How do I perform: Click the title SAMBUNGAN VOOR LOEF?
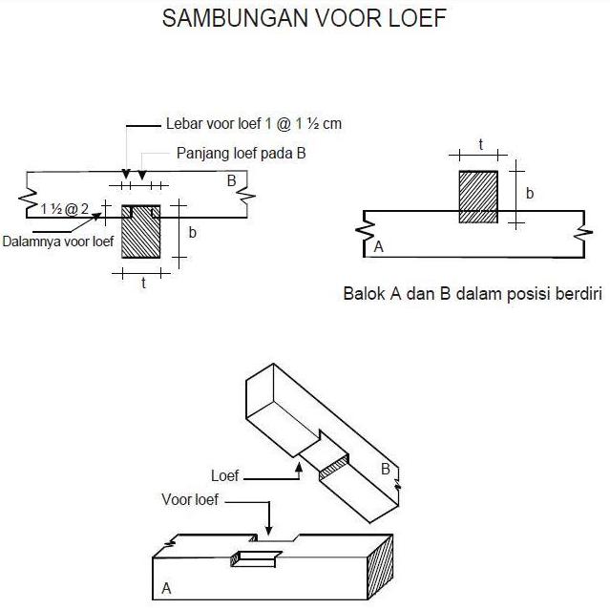point(305,20)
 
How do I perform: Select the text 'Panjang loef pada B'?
point(240,153)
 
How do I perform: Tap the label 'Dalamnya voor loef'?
point(58,241)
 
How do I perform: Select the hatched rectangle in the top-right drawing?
point(478,197)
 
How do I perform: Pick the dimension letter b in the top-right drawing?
point(530,193)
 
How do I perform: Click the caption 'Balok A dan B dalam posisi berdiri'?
point(472,293)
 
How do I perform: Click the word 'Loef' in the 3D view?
point(225,475)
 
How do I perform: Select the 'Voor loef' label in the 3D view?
point(190,499)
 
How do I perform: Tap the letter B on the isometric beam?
point(385,469)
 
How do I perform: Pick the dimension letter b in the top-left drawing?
point(193,232)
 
